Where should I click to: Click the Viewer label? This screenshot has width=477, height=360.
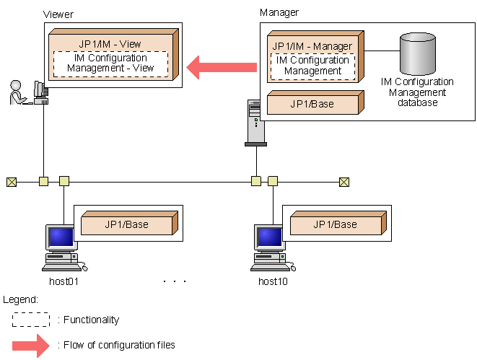58,14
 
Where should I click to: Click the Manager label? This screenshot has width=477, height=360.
279,12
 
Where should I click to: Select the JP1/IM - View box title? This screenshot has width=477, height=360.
110,44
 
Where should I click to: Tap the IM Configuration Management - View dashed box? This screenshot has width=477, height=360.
110,63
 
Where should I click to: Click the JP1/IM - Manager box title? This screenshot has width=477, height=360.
312,46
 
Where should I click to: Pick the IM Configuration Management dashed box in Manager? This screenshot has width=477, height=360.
312,66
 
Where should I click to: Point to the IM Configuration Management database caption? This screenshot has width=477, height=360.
416,92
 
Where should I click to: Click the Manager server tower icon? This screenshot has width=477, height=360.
255,123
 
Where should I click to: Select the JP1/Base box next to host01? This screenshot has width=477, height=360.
127,224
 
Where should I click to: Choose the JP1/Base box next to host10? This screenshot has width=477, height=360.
335,224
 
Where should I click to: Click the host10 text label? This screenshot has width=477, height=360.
273,281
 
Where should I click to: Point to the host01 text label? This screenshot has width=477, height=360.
64,281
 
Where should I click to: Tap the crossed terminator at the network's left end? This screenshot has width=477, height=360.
11,181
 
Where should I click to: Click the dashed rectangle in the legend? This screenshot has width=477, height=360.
31,320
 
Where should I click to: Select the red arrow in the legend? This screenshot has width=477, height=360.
31,345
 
